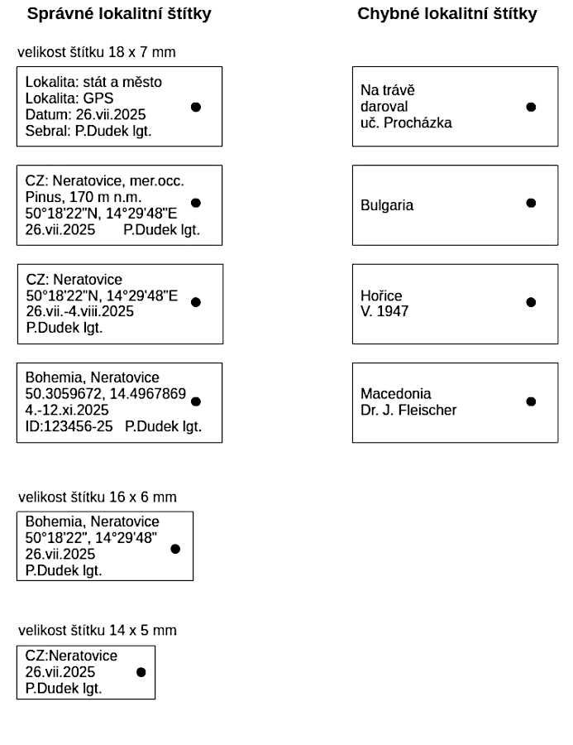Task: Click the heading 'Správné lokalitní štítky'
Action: point(119,14)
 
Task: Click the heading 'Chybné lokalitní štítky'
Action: point(446,14)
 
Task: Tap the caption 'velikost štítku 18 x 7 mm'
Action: point(97,52)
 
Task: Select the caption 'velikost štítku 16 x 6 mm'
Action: point(98,497)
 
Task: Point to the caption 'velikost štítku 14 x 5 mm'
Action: point(98,630)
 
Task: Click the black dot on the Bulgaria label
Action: point(531,203)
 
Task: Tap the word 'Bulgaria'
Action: point(387,205)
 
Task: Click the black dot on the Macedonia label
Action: point(531,401)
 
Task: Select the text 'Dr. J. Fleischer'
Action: point(408,410)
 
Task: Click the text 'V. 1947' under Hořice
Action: point(384,311)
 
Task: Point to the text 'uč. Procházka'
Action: point(406,123)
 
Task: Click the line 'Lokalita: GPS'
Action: point(69,99)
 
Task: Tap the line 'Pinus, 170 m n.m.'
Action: point(84,197)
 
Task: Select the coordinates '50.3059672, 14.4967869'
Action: point(106,394)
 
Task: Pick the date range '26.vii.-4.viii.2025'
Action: point(80,311)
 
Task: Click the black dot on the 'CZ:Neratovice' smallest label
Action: point(141,672)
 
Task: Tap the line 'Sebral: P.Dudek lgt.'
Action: point(88,131)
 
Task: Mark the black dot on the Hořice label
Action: point(531,302)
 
